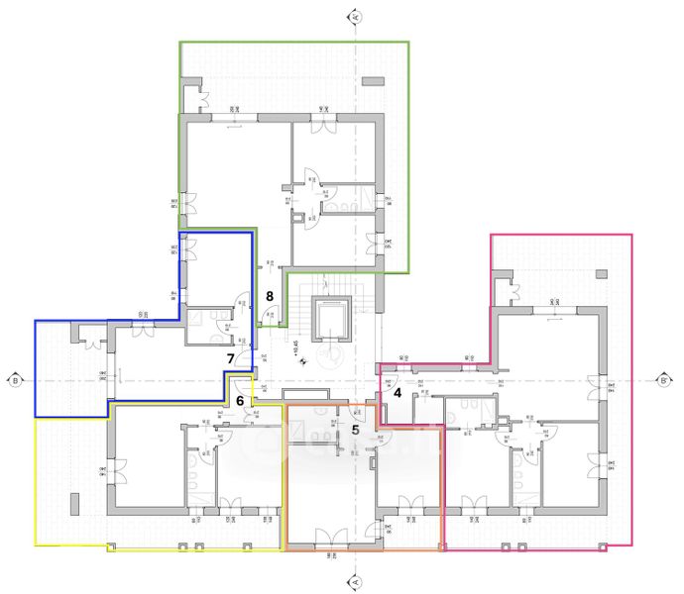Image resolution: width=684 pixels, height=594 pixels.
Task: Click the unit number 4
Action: pos(398,392)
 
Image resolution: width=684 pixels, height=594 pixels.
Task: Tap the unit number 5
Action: pos(355,430)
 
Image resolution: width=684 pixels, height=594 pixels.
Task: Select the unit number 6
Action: pos(239,400)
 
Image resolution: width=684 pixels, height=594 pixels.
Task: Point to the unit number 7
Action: pos(230,358)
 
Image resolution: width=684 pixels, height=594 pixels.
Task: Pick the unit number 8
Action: pos(269,296)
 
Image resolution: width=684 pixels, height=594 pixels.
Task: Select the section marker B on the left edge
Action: pos(15,379)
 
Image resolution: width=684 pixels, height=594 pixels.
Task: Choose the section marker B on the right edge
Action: pos(665,379)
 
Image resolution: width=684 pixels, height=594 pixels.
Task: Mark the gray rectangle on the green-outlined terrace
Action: pos(374,79)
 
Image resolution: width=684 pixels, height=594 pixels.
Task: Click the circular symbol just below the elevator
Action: pos(330,353)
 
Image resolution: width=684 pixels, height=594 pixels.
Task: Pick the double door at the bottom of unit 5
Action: pos(330,538)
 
